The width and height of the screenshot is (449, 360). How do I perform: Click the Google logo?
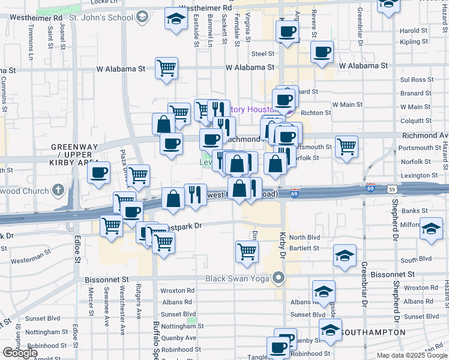[20, 353]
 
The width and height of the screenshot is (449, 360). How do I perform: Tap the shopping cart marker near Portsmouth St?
[346, 146]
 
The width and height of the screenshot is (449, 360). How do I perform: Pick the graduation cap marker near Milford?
[430, 229]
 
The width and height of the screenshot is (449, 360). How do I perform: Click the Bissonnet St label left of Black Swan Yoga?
[108, 280]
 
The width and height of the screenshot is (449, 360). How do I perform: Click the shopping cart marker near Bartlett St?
[247, 251]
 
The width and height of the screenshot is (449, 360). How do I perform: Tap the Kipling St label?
[414, 42]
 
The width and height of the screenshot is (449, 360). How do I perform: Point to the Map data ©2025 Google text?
[411, 355]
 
